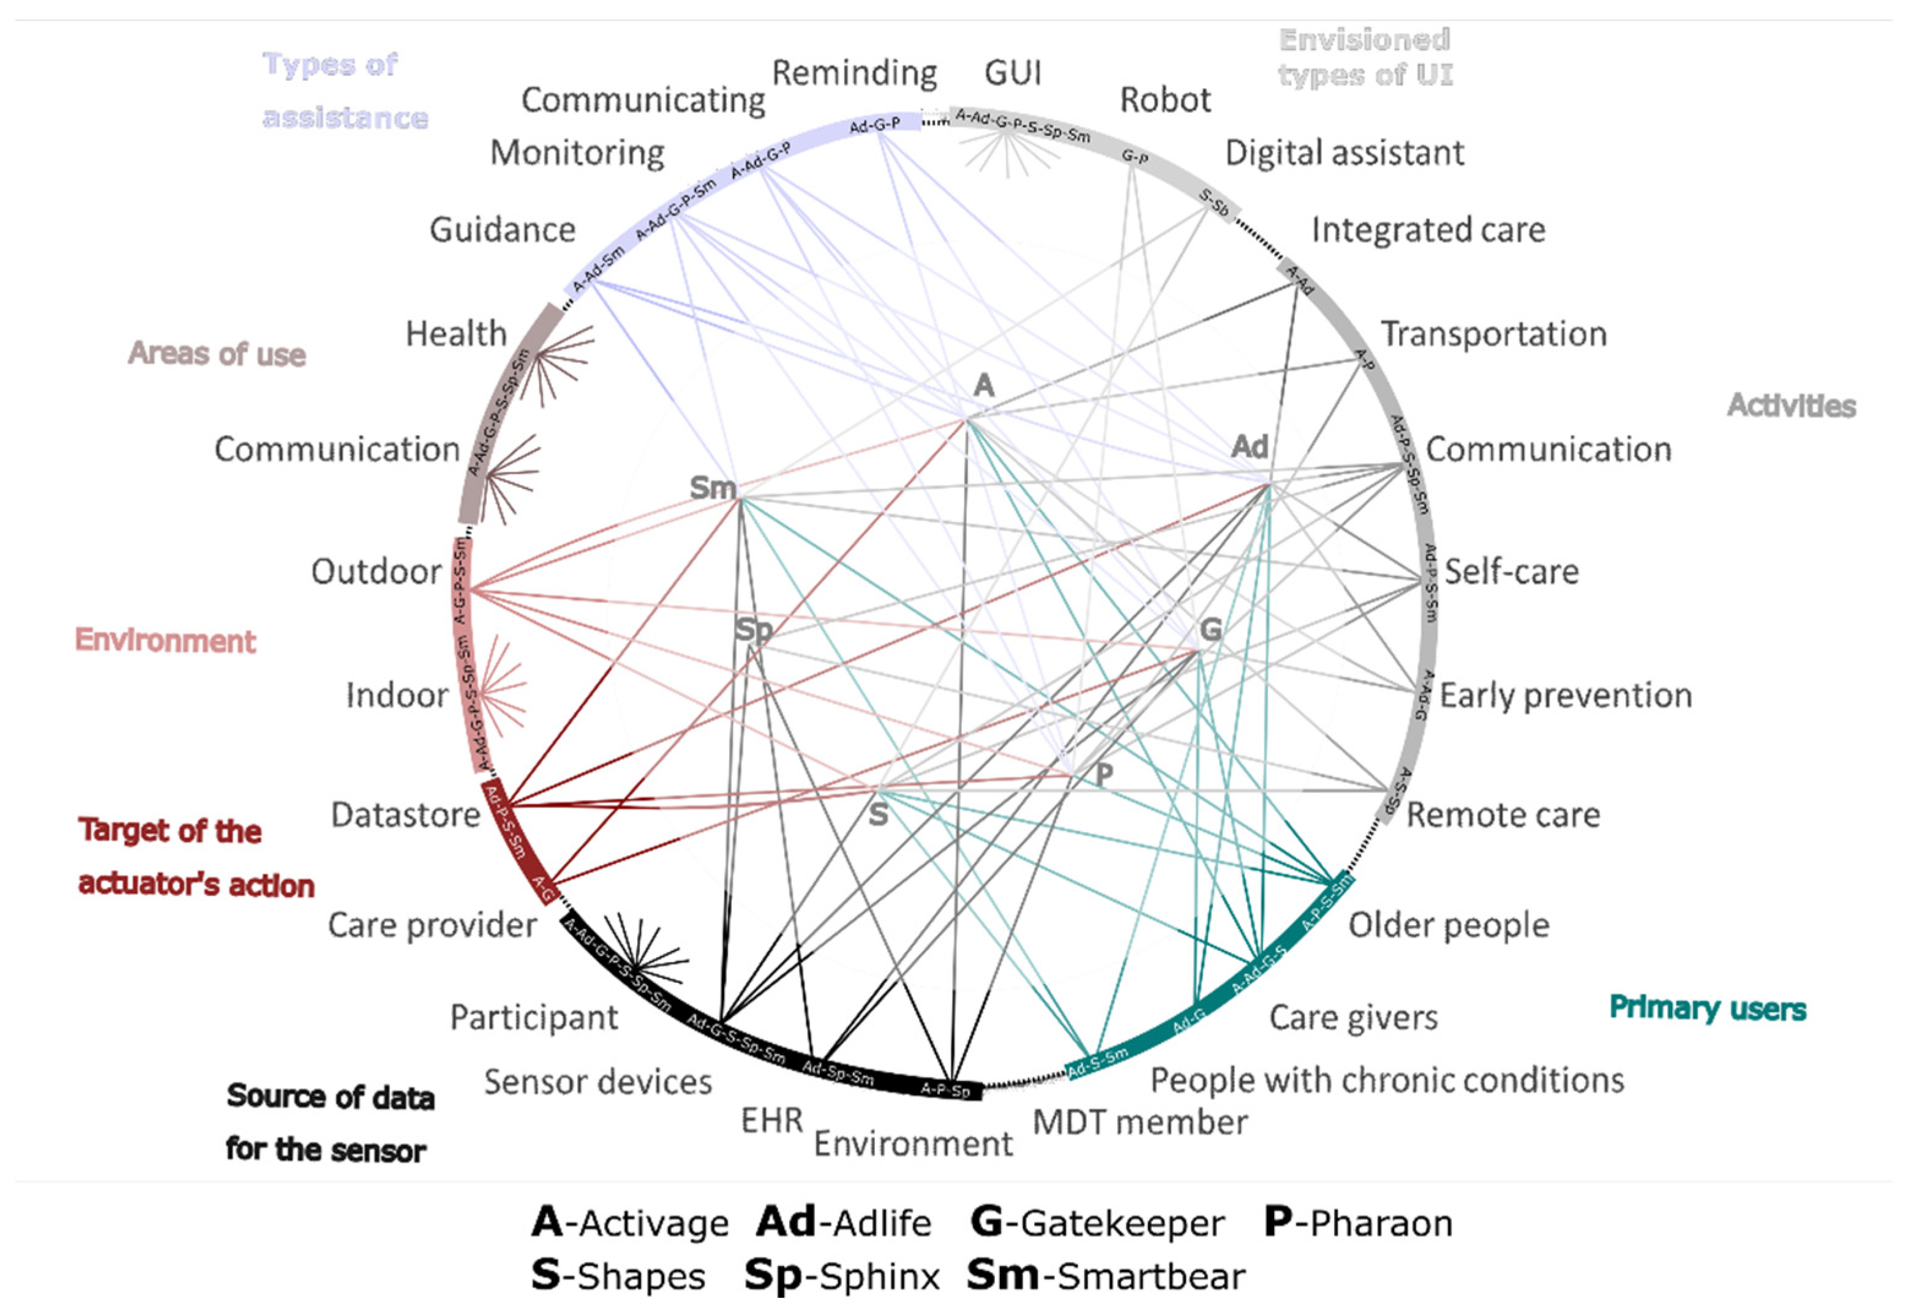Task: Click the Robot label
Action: (1165, 100)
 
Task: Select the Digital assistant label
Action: (1343, 153)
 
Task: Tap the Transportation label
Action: (1492, 334)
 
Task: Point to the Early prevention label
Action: (1565, 695)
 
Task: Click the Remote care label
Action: (1503, 814)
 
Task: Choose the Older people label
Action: (1448, 925)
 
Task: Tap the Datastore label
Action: (405, 814)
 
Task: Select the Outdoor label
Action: (376, 572)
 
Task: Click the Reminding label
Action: (854, 73)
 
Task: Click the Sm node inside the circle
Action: (712, 488)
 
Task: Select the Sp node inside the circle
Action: (753, 630)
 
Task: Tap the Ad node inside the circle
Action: (1249, 447)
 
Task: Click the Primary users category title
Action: (1707, 1008)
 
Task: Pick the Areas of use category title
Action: (216, 354)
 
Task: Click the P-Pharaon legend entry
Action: (1357, 1223)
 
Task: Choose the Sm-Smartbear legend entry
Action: (1105, 1275)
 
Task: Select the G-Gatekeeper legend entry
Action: (1097, 1223)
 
